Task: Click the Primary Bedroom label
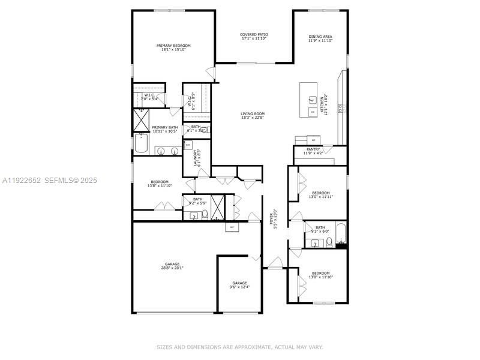tap(173, 46)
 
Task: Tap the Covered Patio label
tap(254, 35)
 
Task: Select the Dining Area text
tap(320, 37)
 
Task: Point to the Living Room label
tap(253, 113)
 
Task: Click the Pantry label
tap(313, 149)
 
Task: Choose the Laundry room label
tap(196, 157)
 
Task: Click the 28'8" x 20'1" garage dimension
tap(173, 268)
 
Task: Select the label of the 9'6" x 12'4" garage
tap(240, 283)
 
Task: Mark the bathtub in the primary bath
tap(142, 144)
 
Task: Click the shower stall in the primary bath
tap(142, 120)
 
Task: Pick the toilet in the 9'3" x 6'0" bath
tap(329, 242)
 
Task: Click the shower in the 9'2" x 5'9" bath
tap(218, 207)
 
